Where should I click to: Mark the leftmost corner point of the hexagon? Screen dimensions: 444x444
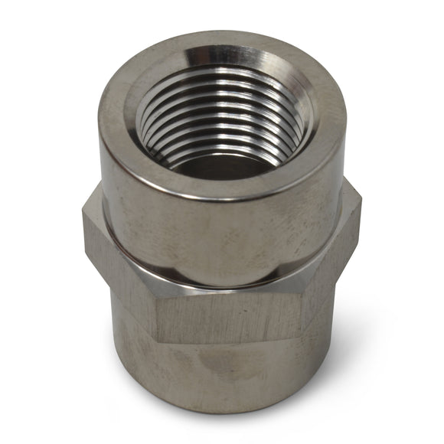click(83, 222)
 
